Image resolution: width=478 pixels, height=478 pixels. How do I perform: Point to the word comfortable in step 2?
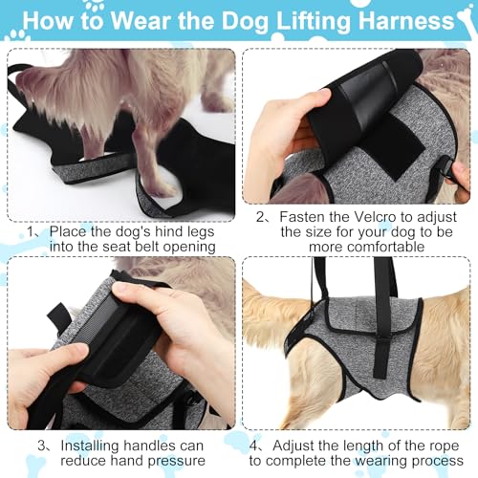(x=367, y=247)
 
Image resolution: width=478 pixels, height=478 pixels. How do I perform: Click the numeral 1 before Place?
(x=31, y=231)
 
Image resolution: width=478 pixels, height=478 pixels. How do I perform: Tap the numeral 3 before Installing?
(x=42, y=445)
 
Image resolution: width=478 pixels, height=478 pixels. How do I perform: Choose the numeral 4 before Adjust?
(x=254, y=445)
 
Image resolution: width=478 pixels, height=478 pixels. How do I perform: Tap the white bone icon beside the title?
(x=467, y=20)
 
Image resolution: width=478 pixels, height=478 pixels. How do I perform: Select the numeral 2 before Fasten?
(x=261, y=217)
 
